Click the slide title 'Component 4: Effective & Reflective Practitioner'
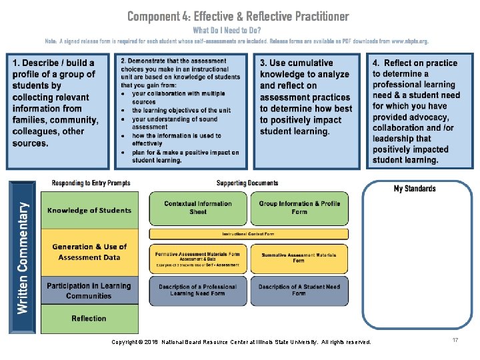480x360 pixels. pos(237,16)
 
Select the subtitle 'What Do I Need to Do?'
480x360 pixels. pos(227,30)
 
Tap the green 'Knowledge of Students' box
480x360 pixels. pos(89,211)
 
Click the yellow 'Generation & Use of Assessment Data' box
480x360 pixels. pos(89,252)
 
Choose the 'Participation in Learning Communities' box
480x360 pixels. pos(89,291)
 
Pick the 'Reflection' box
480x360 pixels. pos(89,319)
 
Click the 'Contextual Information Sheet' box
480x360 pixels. pos(197,208)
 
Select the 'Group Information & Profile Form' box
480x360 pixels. pos(299,208)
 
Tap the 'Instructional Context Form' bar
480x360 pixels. pos(248,234)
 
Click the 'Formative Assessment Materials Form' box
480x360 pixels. pos(197,258)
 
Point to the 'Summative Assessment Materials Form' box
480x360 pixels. pos(299,258)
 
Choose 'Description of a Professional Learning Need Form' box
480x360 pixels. pos(197,290)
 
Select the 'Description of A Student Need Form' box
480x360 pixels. pos(299,290)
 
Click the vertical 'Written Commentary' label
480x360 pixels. pos(23,258)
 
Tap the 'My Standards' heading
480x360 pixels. pos(414,189)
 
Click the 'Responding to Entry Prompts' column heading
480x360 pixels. pos(91,183)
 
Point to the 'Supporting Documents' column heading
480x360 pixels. pos(247,183)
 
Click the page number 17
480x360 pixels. pos(455,341)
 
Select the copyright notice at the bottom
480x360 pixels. pos(241,343)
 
